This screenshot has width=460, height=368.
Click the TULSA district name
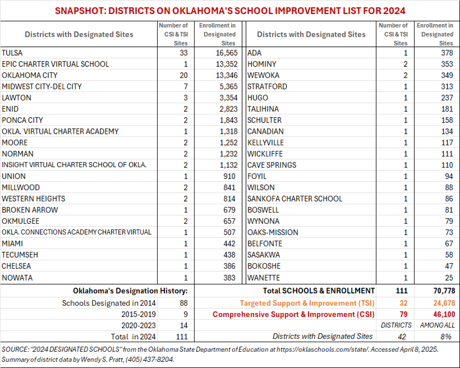[x=12, y=53]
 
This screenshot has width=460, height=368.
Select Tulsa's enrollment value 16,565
[x=227, y=53]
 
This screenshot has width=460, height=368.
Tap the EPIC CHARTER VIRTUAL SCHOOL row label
[x=55, y=64]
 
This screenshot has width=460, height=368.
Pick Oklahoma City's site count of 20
[x=184, y=76]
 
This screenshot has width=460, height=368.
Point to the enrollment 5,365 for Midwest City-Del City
[x=228, y=87]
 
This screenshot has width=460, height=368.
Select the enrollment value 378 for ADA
[x=447, y=53]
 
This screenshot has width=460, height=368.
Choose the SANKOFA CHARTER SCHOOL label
[x=295, y=199]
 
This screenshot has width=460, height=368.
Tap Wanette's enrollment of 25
[x=449, y=278]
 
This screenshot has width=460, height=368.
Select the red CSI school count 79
[x=403, y=315]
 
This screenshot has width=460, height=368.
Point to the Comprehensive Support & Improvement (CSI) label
[x=293, y=315]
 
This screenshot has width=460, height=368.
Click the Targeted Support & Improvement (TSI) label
[x=307, y=303]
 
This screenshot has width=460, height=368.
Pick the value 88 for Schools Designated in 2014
[x=184, y=303]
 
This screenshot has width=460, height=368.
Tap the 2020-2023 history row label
[x=138, y=326]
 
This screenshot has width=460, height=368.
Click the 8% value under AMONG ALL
[x=446, y=337]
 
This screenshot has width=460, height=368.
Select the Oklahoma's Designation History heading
[x=130, y=291]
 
